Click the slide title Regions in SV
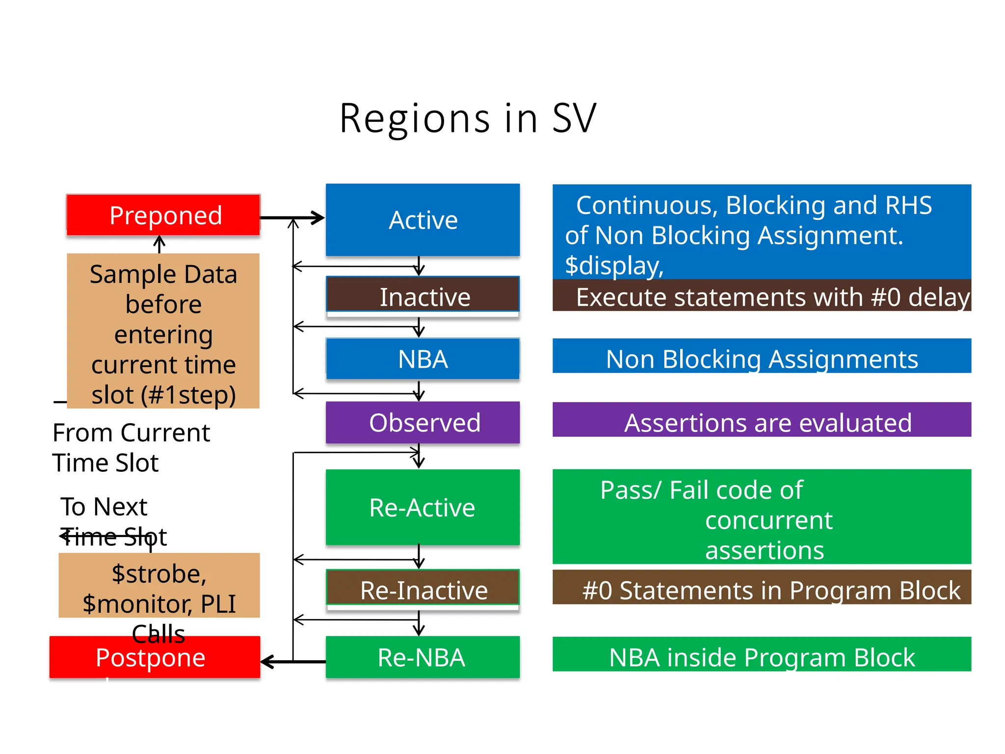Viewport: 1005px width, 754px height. [x=468, y=118]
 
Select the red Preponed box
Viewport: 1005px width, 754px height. [x=163, y=215]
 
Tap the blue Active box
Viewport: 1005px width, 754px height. [x=423, y=219]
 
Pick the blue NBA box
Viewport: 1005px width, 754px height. [x=423, y=358]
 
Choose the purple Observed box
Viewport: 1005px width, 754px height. [x=423, y=423]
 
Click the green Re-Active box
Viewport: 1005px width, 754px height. [x=423, y=507]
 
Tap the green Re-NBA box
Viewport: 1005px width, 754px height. [x=423, y=657]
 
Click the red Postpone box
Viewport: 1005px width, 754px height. [x=155, y=658]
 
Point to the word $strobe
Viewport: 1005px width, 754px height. [x=159, y=574]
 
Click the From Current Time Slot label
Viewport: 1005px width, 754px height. [x=131, y=447]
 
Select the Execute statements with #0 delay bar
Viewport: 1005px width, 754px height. [x=762, y=296]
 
